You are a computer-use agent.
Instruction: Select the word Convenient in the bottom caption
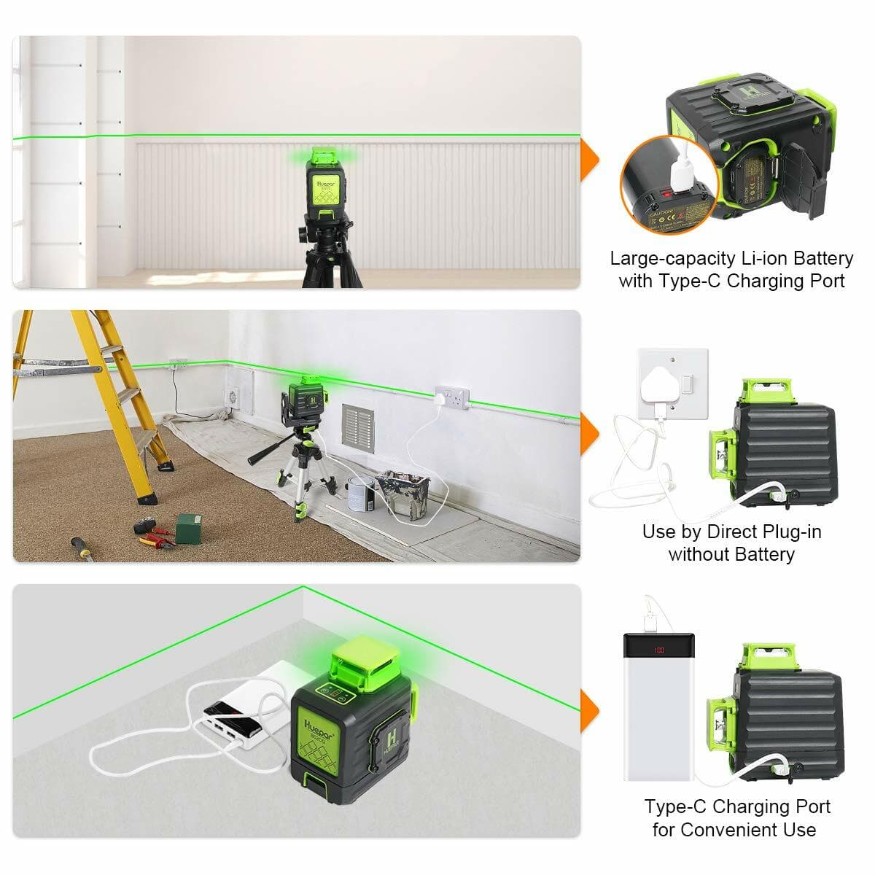coord(747,830)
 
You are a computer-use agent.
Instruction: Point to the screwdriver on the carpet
coord(81,548)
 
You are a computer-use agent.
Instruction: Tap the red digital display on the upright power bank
coord(659,649)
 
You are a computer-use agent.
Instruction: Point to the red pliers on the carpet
coord(155,540)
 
